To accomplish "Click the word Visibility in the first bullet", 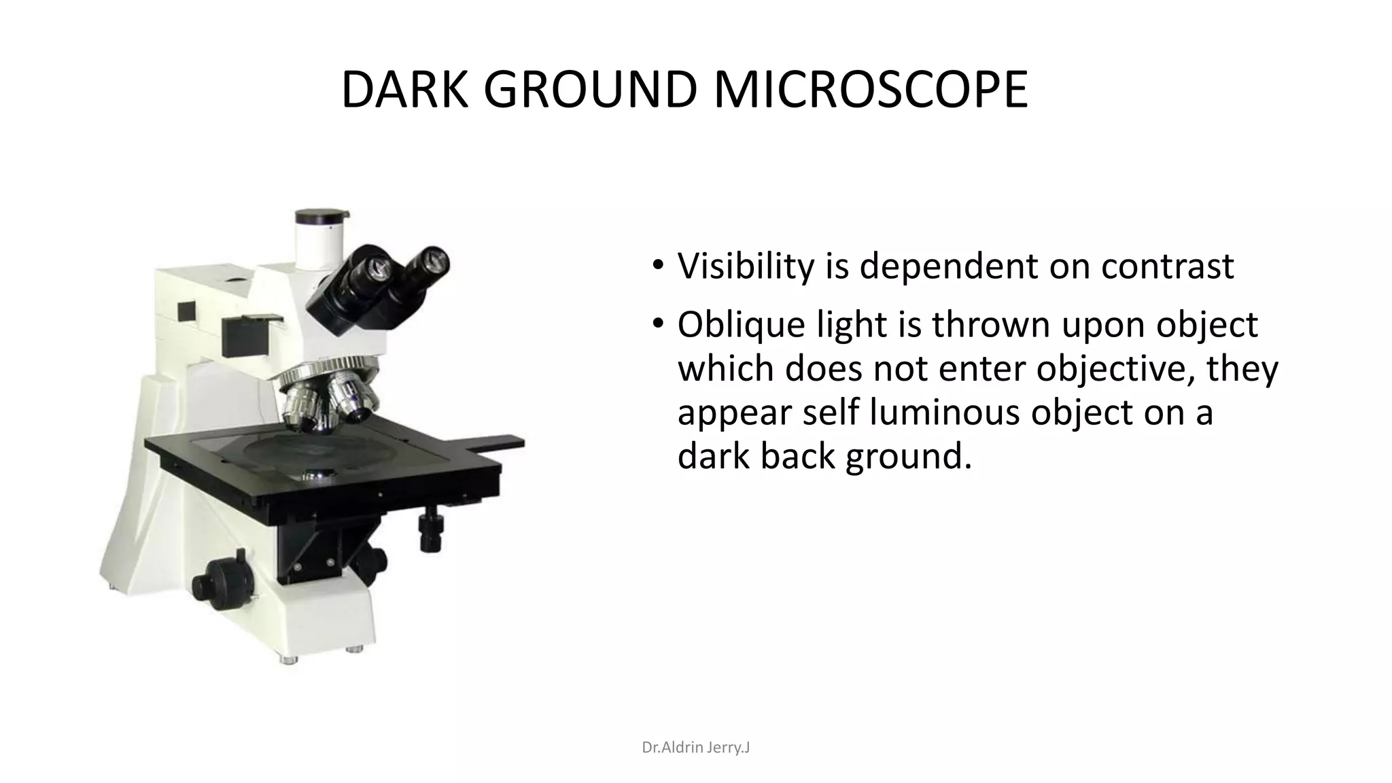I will point(746,266).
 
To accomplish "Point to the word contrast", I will point(1167,266).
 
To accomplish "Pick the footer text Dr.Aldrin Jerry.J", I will point(696,748).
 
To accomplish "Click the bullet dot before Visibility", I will point(657,266).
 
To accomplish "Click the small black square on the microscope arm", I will point(186,311).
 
